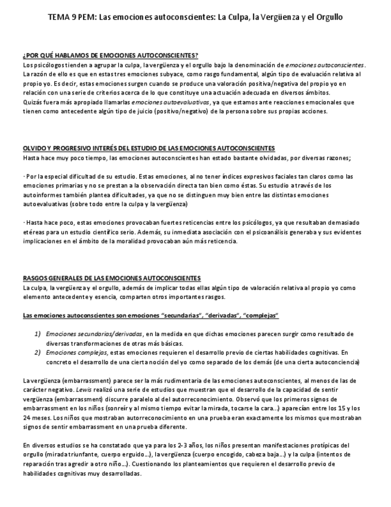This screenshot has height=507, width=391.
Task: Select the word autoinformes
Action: (x=43, y=195)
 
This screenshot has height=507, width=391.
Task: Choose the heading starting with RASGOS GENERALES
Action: (x=112, y=278)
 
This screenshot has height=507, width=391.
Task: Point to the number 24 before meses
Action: (x=27, y=418)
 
